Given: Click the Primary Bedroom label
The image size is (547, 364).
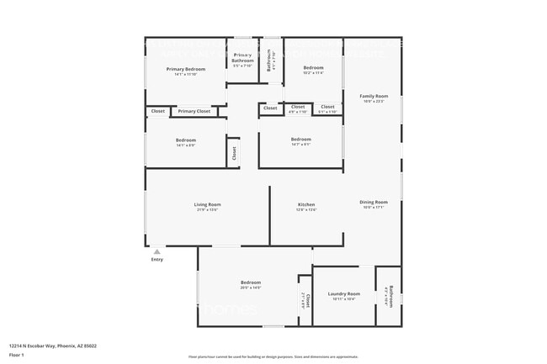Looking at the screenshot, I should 185,69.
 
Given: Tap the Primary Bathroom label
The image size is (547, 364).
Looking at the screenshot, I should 243,57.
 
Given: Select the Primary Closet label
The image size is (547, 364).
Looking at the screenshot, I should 194,111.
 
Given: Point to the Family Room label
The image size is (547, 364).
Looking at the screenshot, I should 374,96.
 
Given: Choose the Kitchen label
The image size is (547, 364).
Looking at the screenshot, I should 306,204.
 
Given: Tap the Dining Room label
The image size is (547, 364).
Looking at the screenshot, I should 374,202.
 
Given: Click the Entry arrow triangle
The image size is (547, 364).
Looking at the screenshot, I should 157,251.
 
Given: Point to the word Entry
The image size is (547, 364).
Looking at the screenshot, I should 157,260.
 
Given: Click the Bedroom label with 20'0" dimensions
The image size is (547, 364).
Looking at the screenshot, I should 251,282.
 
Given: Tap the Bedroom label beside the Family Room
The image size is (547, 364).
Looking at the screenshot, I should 313,67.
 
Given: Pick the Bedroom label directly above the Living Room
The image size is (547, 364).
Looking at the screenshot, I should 186,140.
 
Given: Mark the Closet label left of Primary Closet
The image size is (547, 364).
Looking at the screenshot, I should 157,111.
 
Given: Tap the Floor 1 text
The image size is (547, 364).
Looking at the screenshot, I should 16,356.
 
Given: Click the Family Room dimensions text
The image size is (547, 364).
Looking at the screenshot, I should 374,102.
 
